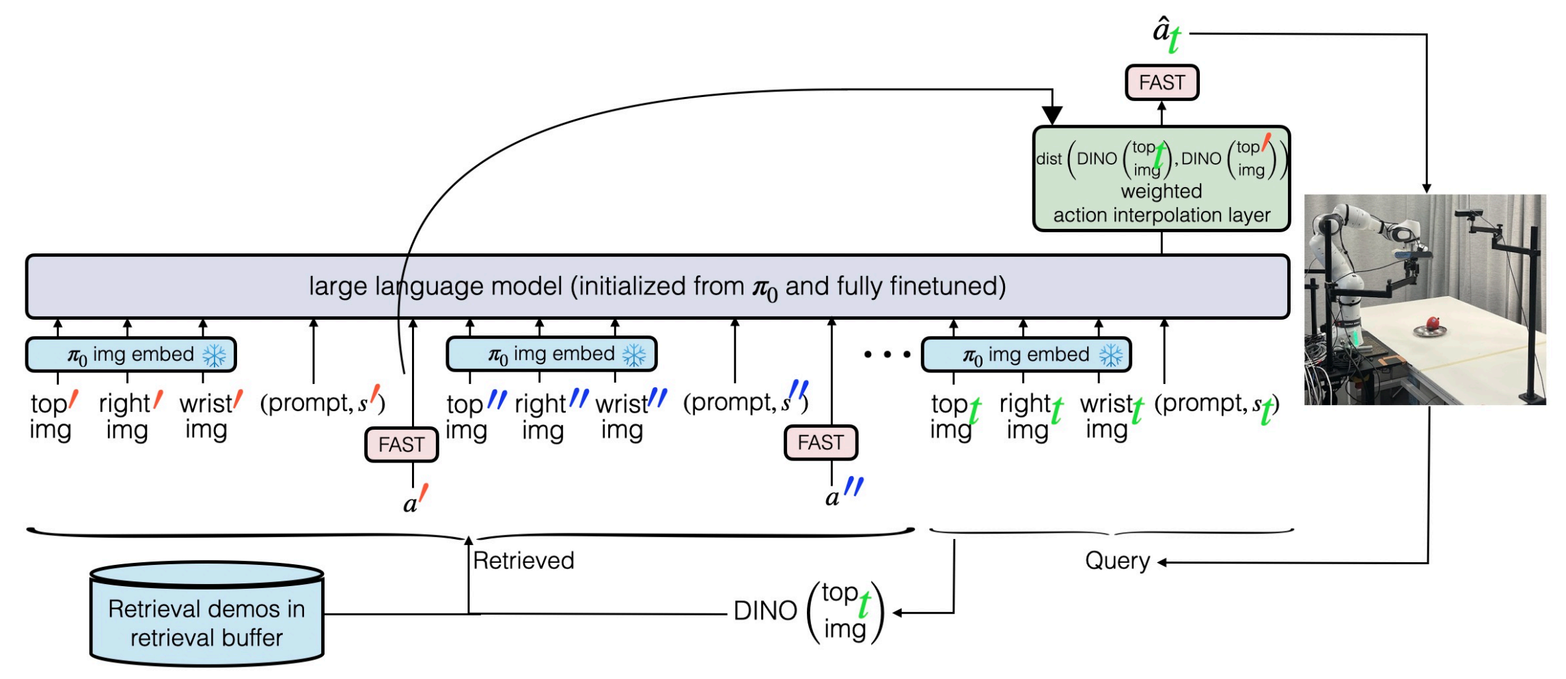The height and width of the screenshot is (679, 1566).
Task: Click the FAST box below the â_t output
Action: click(x=1162, y=83)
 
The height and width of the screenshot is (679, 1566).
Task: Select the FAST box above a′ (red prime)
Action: click(x=402, y=445)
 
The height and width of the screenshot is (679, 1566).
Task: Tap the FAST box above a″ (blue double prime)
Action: click(x=821, y=443)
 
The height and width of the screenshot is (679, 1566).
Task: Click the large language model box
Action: click(x=657, y=287)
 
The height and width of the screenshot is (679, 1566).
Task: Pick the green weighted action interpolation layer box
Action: click(x=1162, y=179)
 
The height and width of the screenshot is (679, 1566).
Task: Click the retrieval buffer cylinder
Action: click(x=206, y=613)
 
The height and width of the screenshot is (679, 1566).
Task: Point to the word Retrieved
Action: click(x=523, y=561)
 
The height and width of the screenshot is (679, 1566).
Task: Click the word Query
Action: click(x=1117, y=561)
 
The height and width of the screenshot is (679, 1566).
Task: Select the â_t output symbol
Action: click(x=1167, y=34)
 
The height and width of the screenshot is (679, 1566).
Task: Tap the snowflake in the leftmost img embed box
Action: click(x=215, y=355)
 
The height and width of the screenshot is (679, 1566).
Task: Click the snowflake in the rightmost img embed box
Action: click(x=1110, y=355)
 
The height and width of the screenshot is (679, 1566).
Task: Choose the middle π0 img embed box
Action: click(x=551, y=355)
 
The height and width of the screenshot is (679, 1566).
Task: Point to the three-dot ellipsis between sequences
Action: click(x=887, y=355)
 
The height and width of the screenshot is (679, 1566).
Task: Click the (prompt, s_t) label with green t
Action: click(x=1217, y=406)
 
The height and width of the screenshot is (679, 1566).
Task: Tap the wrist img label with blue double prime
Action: click(x=631, y=415)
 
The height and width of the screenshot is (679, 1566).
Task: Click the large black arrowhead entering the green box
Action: click(x=1052, y=115)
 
